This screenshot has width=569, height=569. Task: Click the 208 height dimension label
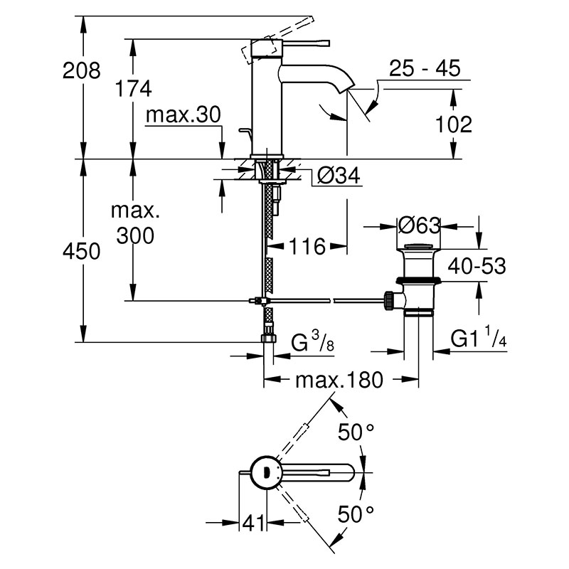(81, 70)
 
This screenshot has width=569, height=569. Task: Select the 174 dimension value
(133, 89)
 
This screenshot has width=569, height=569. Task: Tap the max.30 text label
(183, 115)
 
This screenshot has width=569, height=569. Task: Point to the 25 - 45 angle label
(424, 68)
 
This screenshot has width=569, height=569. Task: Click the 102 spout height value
(453, 124)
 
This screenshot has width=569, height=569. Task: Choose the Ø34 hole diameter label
(339, 175)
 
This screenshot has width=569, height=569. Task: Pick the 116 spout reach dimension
(307, 246)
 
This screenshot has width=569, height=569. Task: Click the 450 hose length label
(81, 251)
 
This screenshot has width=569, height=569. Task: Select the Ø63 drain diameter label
(419, 225)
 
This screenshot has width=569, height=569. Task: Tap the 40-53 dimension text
(477, 266)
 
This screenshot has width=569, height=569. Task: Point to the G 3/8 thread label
(312, 341)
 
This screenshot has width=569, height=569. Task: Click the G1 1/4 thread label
(478, 337)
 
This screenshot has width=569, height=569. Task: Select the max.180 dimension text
(339, 380)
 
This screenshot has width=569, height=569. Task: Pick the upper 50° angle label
(356, 432)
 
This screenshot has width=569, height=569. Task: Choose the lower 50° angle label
(356, 514)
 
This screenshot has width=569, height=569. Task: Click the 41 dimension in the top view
(253, 523)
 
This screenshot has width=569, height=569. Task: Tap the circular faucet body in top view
(267, 472)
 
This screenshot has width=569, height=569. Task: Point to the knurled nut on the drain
(389, 299)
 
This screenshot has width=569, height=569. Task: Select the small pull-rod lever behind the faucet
(246, 134)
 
